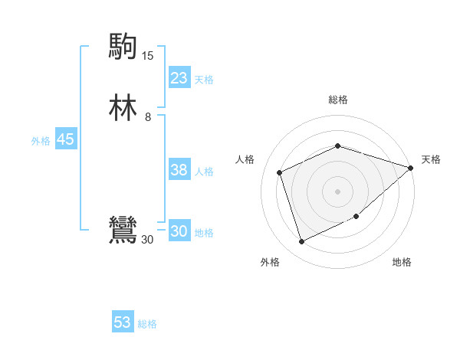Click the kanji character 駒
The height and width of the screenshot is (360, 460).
(122, 46)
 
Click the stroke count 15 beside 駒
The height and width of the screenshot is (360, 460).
(147, 56)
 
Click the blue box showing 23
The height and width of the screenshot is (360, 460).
(179, 78)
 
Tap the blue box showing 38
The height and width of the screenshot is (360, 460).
(179, 171)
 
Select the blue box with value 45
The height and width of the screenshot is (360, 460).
(65, 139)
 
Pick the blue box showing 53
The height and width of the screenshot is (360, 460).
(123, 322)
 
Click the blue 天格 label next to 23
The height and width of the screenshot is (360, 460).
(204, 80)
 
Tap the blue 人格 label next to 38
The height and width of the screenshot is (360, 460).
(205, 172)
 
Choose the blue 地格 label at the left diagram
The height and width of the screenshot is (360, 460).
(205, 233)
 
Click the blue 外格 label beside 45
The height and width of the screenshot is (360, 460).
(41, 141)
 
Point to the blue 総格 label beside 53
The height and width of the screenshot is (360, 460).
(147, 324)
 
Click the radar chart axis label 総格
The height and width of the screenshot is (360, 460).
(337, 100)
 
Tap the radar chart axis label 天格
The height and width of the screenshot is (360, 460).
(431, 159)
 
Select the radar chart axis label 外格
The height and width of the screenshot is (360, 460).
(270, 263)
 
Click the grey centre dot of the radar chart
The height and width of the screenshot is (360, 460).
(337, 191)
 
